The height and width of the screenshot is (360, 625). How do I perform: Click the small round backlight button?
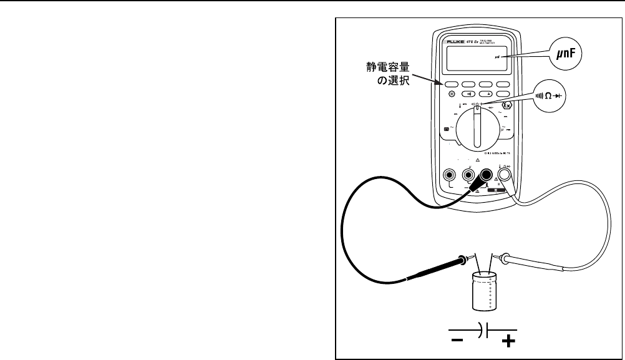(450, 94)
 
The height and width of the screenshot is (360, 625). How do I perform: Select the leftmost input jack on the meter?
(448, 176)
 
